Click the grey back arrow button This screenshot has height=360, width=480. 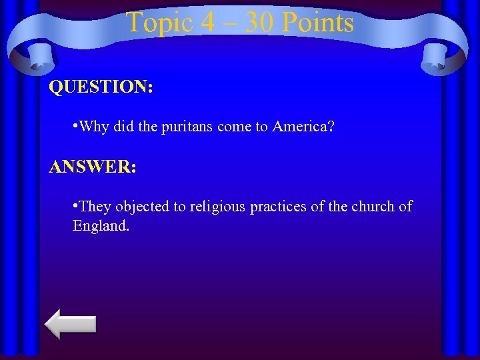tap(71, 324)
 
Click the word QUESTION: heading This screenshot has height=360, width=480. tap(101, 87)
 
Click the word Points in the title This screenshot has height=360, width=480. tap(317, 23)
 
